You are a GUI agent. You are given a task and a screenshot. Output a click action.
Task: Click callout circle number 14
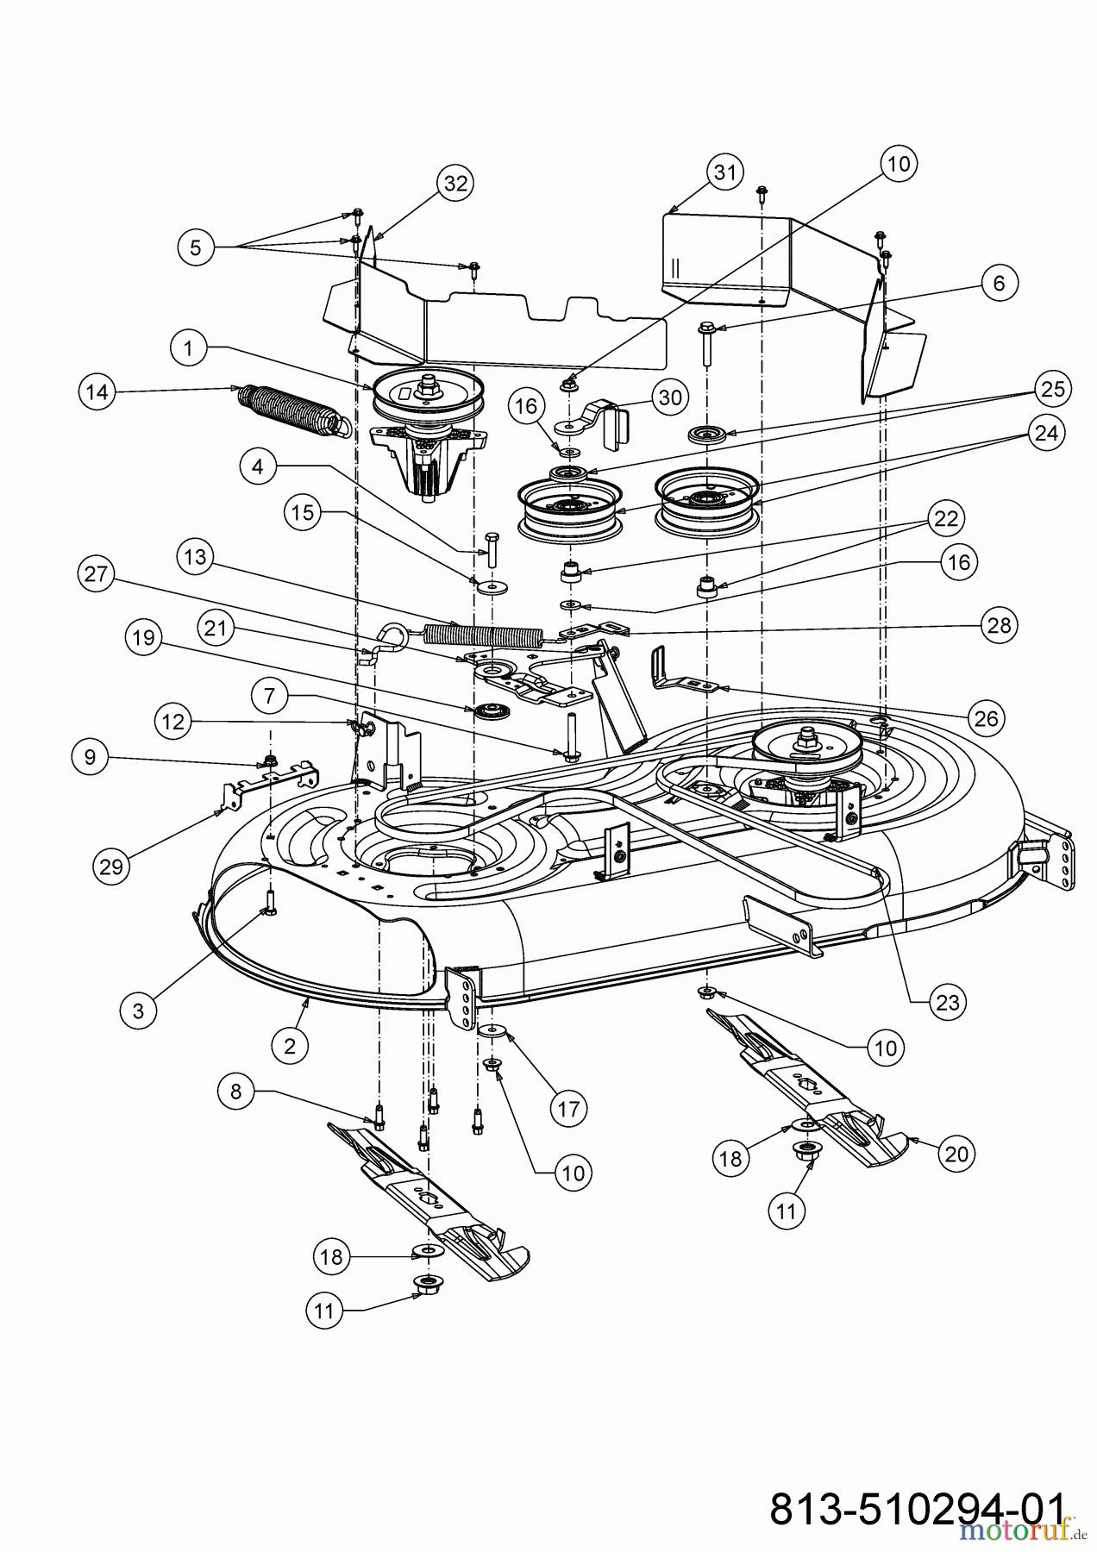coord(97,391)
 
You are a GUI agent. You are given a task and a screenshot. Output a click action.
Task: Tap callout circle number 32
coord(456,183)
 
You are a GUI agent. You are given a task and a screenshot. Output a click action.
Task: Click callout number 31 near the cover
coord(725,172)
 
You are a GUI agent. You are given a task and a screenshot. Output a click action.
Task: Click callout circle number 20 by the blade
coord(957,1154)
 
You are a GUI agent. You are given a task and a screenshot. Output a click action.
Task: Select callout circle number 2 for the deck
coord(290,1046)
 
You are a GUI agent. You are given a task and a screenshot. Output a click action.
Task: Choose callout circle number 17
coord(569,1107)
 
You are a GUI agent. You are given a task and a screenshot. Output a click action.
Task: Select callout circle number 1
coord(189,348)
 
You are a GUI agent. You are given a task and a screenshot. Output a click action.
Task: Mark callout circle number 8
coord(235,1092)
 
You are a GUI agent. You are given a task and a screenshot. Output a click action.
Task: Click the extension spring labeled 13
coord(483,635)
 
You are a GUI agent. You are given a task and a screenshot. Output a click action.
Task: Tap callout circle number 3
coord(139,1010)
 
